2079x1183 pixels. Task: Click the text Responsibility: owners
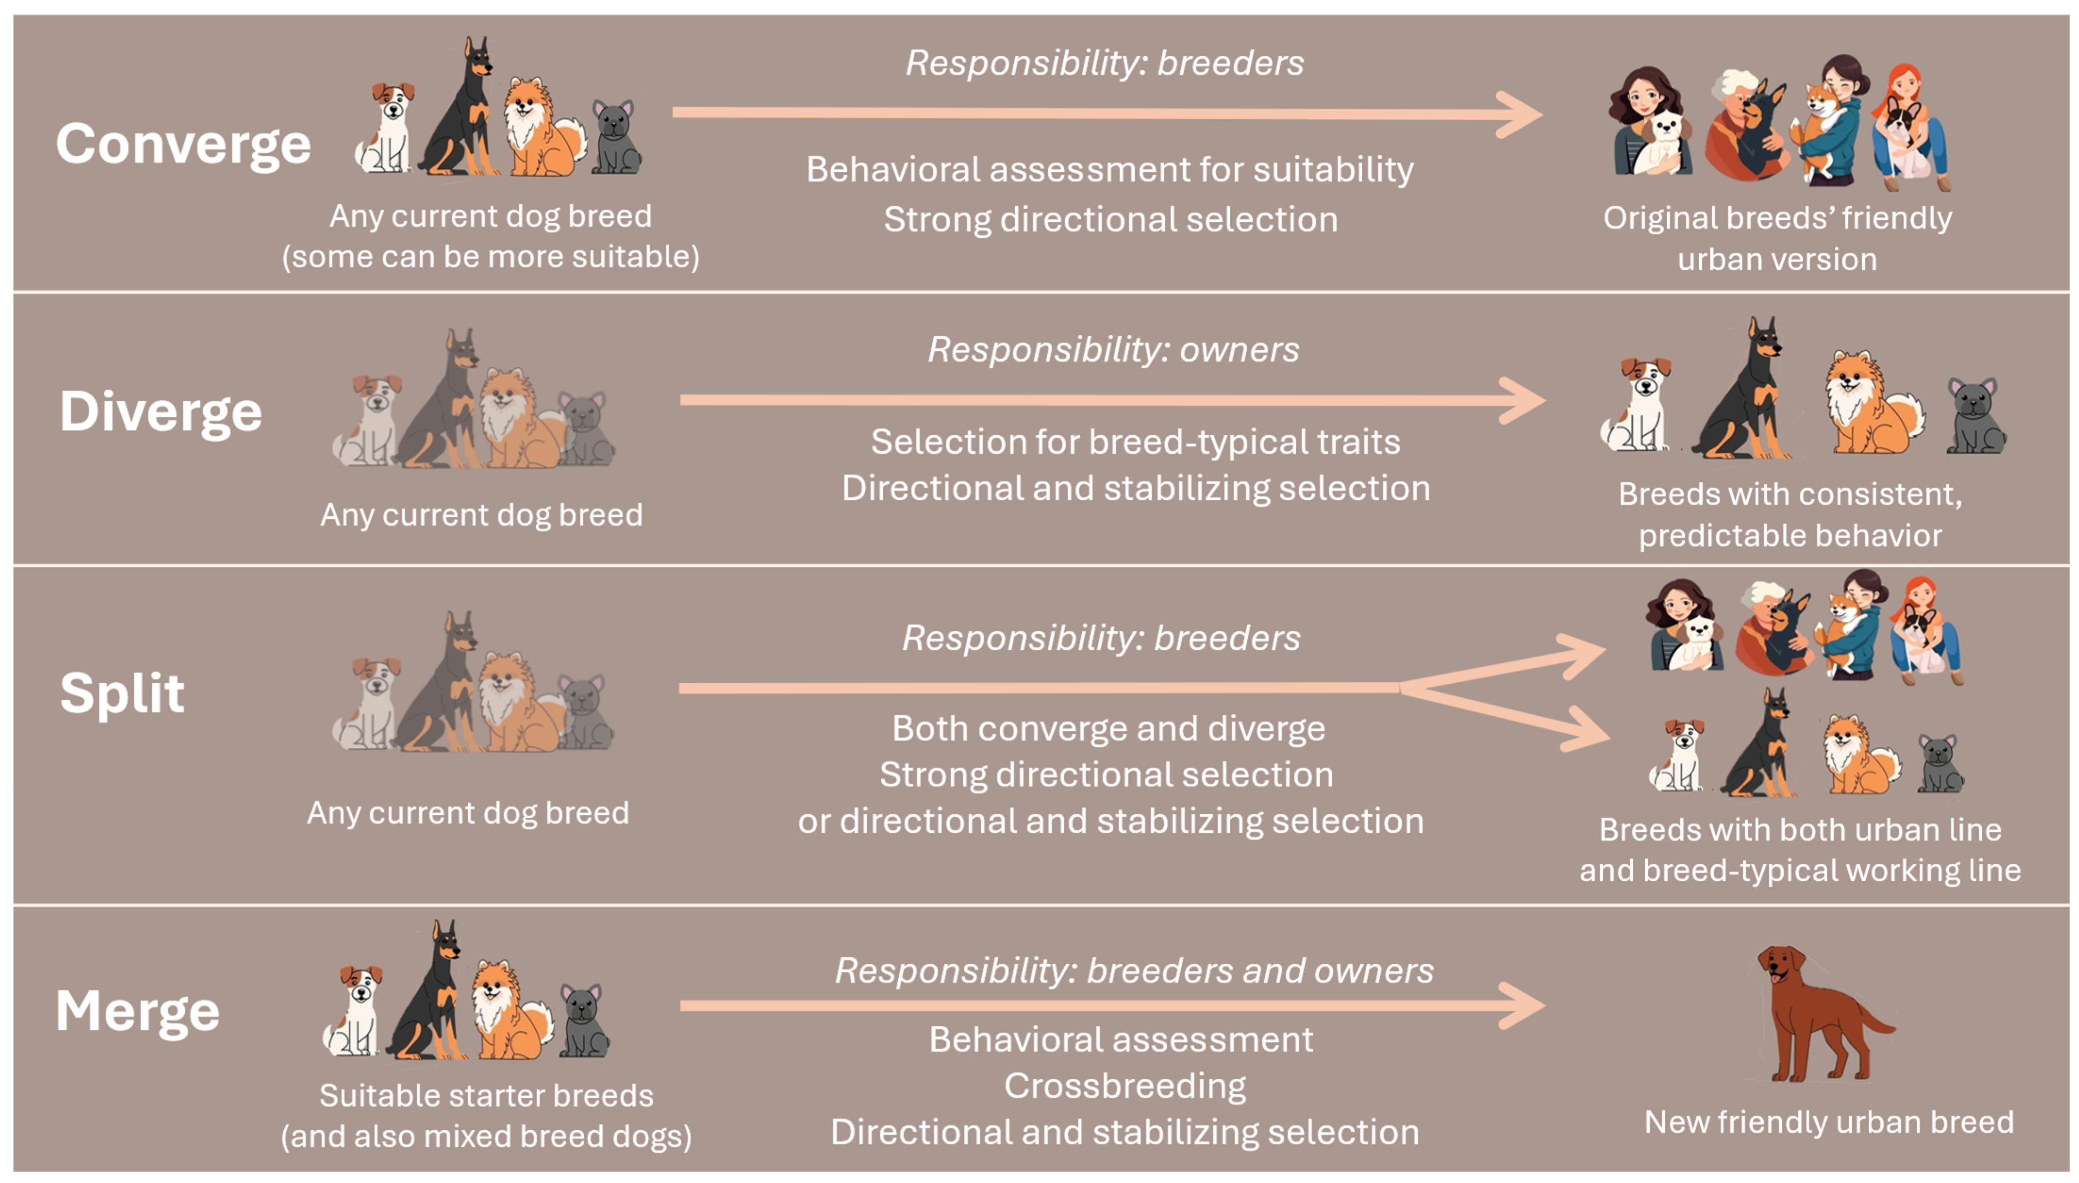(x=1113, y=349)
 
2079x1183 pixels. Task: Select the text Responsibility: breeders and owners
(x=1134, y=970)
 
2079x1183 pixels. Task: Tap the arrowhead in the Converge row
(x=1519, y=114)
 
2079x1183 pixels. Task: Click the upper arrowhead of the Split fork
(x=1580, y=654)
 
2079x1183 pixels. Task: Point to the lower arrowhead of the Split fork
(x=1584, y=729)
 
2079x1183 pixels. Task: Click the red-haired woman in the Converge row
(x=1911, y=128)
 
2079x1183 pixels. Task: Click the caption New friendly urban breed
(x=1829, y=1122)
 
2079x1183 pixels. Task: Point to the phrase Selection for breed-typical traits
(x=1135, y=442)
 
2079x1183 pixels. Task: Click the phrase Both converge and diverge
(x=1108, y=729)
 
